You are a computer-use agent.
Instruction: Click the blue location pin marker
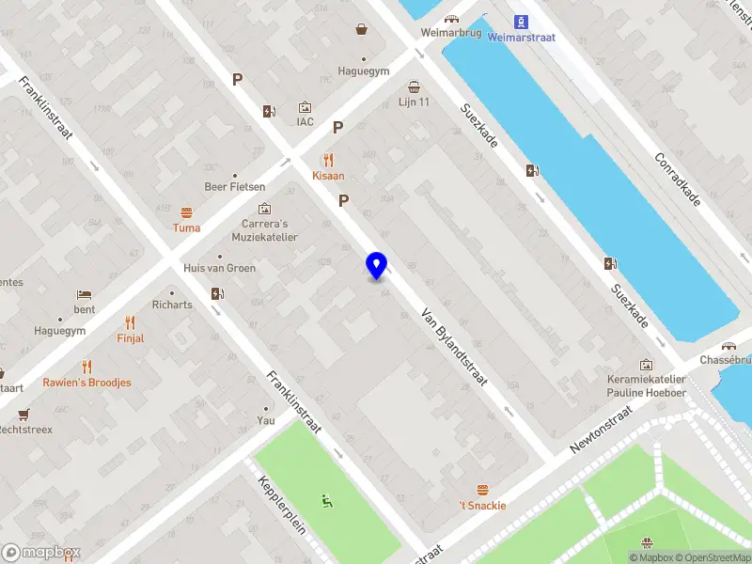(x=376, y=265)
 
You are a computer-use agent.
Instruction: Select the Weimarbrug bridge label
(x=450, y=32)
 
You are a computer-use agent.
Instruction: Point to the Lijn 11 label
(x=414, y=102)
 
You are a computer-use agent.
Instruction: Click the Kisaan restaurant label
(x=328, y=176)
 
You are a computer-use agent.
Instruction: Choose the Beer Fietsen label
(x=235, y=187)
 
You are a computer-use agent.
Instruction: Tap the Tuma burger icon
(x=186, y=212)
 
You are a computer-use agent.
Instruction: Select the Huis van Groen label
(x=219, y=268)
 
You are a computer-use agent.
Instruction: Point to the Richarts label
(x=172, y=305)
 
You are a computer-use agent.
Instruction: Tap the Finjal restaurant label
(x=131, y=338)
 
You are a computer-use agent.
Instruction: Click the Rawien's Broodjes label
(x=86, y=383)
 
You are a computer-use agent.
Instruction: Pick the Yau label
(x=267, y=421)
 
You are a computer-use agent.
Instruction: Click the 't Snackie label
(x=482, y=505)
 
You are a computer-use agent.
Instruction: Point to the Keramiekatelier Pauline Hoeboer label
(x=646, y=386)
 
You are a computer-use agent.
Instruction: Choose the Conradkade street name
(x=677, y=180)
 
